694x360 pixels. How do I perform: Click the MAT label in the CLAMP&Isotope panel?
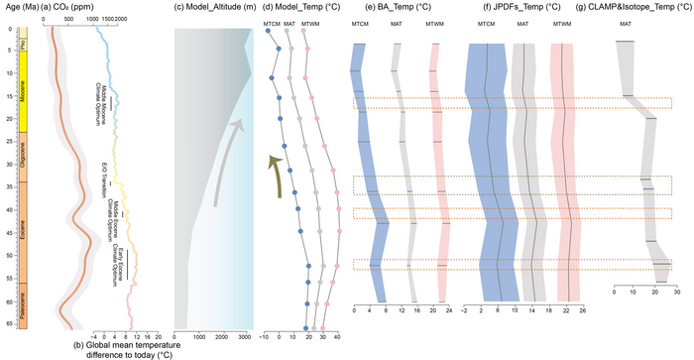[x=625, y=21]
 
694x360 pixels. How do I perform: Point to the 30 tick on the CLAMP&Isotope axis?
[x=677, y=293]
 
